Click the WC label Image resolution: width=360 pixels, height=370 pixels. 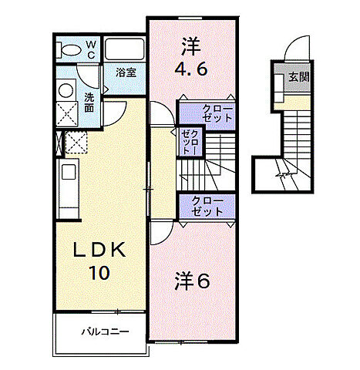90,49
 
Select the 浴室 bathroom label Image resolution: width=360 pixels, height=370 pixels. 126,72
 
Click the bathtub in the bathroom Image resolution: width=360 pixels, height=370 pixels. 125,49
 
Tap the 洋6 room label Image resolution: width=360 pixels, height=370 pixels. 196,281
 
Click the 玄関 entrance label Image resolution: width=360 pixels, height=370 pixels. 298,77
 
